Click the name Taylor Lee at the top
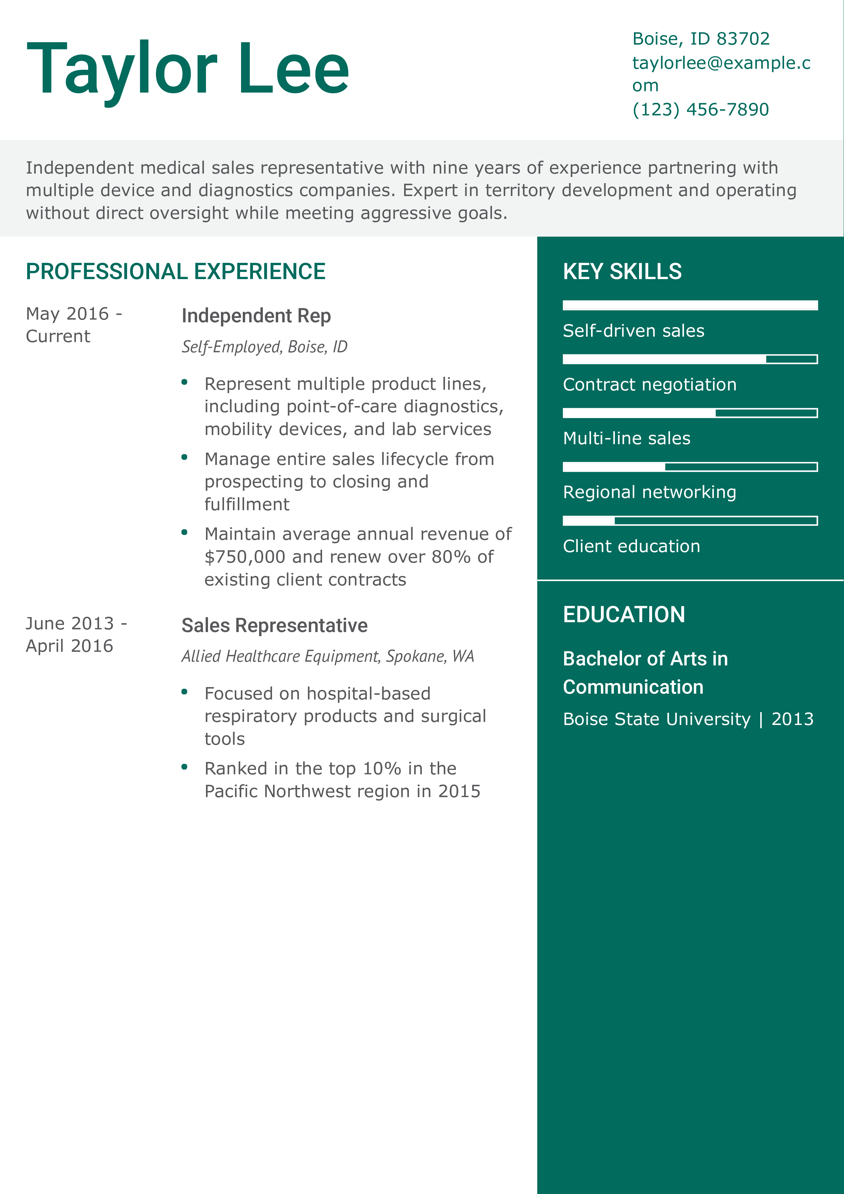[x=187, y=69]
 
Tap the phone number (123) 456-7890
[x=700, y=109]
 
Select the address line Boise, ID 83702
[x=700, y=38]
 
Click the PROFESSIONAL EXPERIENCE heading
[x=175, y=272]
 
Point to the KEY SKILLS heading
[x=622, y=272]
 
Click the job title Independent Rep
[x=256, y=316]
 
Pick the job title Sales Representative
[x=274, y=625]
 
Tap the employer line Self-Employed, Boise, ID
[x=264, y=346]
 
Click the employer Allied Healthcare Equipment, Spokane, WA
[x=328, y=656]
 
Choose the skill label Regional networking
[x=650, y=492]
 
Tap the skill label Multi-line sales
[x=627, y=438]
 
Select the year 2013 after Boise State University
[x=792, y=719]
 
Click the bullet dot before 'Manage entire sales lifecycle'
[x=184, y=457]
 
